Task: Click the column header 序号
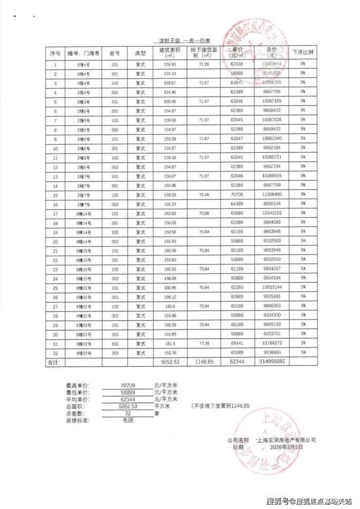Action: pyautogui.click(x=55, y=53)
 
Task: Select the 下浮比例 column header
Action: pyautogui.click(x=303, y=53)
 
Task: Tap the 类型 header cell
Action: pyautogui.click(x=140, y=53)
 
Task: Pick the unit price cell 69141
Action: pyautogui.click(x=237, y=343)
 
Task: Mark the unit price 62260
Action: pyautogui.click(x=237, y=287)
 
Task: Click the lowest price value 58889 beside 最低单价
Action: pyautogui.click(x=127, y=392)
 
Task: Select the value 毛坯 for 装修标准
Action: pyautogui.click(x=127, y=419)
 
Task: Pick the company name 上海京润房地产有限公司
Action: pyautogui.click(x=288, y=439)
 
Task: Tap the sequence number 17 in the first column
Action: pyautogui.click(x=55, y=213)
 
